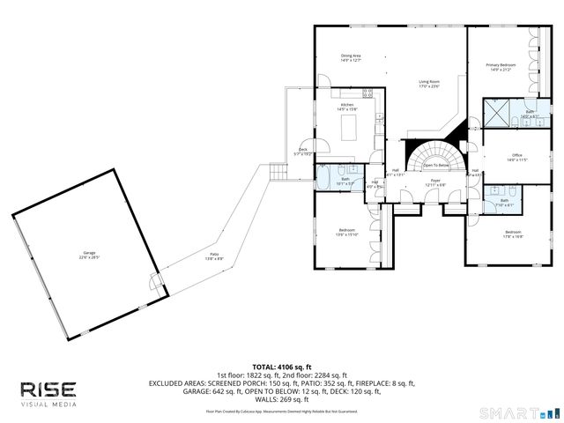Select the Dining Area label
pyautogui.click(x=352, y=58)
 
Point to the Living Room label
pyautogui.click(x=429, y=84)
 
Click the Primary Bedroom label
pyautogui.click(x=499, y=66)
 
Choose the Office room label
pyautogui.click(x=516, y=158)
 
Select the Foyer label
pyautogui.click(x=435, y=182)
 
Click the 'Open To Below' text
pyautogui.click(x=436, y=165)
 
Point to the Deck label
pyautogui.click(x=303, y=151)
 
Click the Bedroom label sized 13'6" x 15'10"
pyautogui.click(x=346, y=232)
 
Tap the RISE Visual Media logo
pyautogui.click(x=49, y=393)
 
